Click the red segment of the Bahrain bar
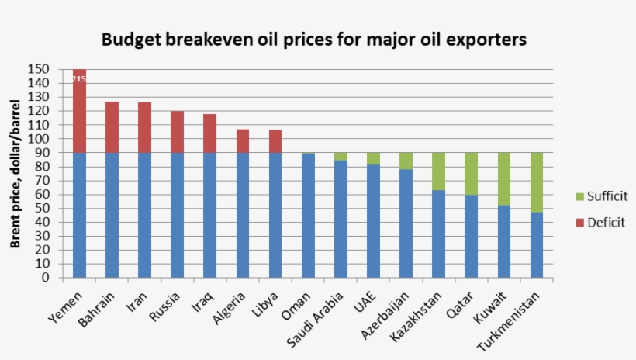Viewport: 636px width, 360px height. (112, 127)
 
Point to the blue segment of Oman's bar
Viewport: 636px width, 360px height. (308, 215)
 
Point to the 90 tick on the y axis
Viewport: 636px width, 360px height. (43, 153)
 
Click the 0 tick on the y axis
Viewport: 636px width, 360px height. (47, 277)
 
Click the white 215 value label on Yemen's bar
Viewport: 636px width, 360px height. (79, 78)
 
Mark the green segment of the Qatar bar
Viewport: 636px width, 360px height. (472, 174)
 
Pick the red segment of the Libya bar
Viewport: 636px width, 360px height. (275, 141)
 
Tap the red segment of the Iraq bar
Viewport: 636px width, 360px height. (209, 133)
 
